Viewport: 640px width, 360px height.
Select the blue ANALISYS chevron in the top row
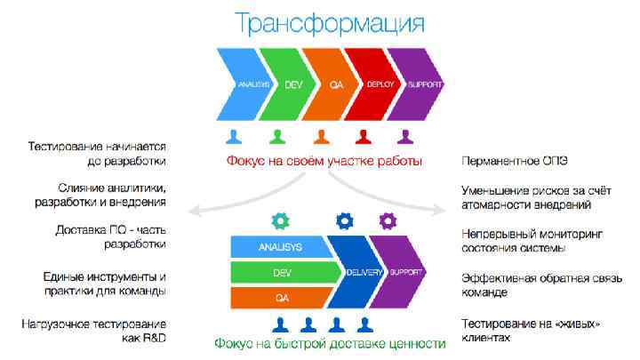pos(242,85)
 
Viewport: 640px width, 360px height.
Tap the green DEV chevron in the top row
pos(286,85)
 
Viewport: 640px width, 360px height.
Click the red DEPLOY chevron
pos(374,85)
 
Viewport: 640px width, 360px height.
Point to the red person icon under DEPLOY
pos(363,137)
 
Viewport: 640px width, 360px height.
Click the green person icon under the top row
pos(277,137)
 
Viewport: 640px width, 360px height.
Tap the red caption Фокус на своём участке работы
pos(324,161)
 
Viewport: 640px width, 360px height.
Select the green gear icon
pos(279,219)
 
